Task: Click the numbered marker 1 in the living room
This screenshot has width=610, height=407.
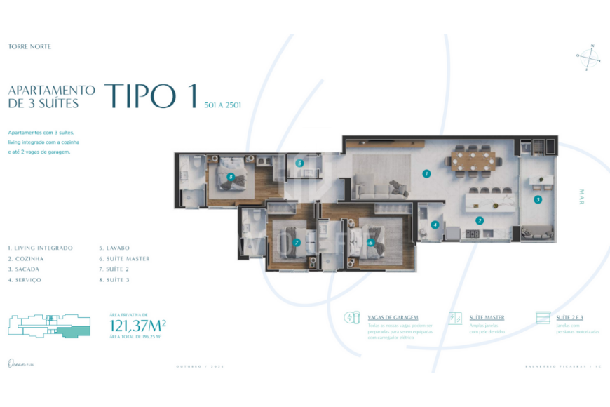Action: [x=426, y=173]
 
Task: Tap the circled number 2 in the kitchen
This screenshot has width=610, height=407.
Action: [x=480, y=220]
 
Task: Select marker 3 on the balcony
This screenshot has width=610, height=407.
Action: [x=538, y=199]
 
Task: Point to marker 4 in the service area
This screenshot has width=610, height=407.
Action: [x=435, y=225]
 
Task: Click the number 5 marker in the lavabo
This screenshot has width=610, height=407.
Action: [x=299, y=163]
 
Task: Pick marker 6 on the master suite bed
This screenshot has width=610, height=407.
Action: [x=371, y=243]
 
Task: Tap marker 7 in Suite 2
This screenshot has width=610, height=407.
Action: [x=297, y=243]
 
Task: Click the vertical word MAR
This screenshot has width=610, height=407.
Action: [x=581, y=196]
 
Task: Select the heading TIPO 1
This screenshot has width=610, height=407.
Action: [x=150, y=97]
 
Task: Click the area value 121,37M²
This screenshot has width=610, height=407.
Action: [x=137, y=325]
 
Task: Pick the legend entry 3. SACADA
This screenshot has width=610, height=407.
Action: [x=25, y=269]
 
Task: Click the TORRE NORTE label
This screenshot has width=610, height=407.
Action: [x=29, y=46]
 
